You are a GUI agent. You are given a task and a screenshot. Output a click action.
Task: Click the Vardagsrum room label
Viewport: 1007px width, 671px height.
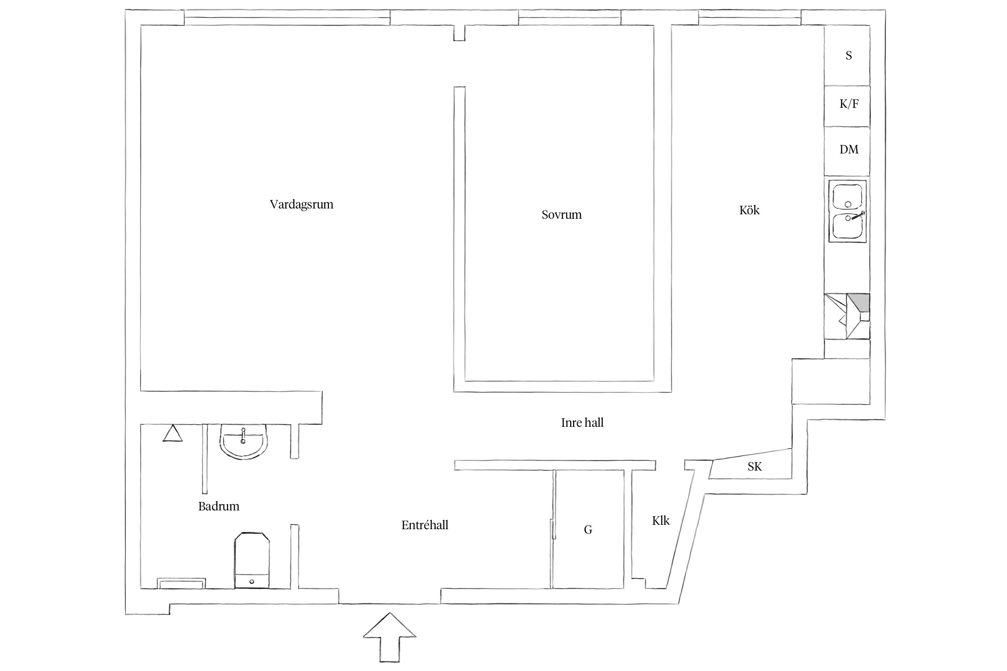coord(301,205)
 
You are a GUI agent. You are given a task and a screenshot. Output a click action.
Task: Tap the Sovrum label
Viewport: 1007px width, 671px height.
coord(561,215)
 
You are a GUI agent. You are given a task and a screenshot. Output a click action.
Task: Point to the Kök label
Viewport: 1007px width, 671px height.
coord(749,210)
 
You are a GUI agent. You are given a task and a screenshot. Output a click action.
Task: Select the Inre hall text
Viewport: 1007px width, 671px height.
coord(582,423)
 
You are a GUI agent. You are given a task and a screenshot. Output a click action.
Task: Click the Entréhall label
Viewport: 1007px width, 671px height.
coord(425,525)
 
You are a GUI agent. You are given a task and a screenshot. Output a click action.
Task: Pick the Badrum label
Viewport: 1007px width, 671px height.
coord(218,506)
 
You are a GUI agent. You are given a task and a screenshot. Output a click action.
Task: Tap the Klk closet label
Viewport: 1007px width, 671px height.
coord(661,520)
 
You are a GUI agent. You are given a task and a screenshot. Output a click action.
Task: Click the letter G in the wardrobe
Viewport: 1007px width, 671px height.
coord(588,530)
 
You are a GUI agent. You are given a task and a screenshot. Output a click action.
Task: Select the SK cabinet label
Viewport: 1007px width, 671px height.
coord(755,467)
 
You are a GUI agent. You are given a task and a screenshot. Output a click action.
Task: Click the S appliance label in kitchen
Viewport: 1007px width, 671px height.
coord(849,55)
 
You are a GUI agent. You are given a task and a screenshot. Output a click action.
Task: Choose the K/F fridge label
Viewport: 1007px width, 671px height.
coord(849,104)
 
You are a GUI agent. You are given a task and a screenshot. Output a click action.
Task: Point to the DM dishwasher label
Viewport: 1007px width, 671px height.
coord(849,149)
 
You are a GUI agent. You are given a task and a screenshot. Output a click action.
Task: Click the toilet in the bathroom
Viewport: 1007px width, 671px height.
coord(252,560)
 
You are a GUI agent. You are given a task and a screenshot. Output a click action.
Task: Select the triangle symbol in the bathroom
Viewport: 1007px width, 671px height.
coord(172,433)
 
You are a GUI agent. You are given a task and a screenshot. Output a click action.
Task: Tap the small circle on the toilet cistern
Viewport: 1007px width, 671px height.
coord(252,582)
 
